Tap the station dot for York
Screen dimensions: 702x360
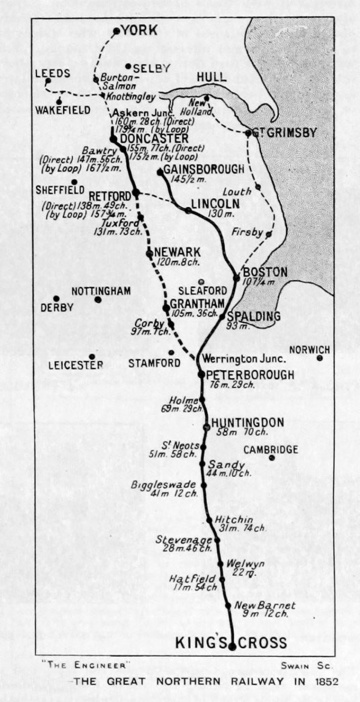click(116, 31)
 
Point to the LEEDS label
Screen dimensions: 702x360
click(52, 74)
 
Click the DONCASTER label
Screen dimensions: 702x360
click(147, 138)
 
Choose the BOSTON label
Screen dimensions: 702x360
click(264, 271)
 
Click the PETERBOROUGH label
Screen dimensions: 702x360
click(250, 375)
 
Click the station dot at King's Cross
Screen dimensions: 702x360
click(232, 648)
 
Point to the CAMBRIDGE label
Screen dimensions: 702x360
click(271, 450)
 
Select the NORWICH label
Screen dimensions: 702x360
click(309, 350)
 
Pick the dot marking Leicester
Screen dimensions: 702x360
click(91, 356)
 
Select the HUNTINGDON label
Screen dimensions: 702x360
click(250, 422)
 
